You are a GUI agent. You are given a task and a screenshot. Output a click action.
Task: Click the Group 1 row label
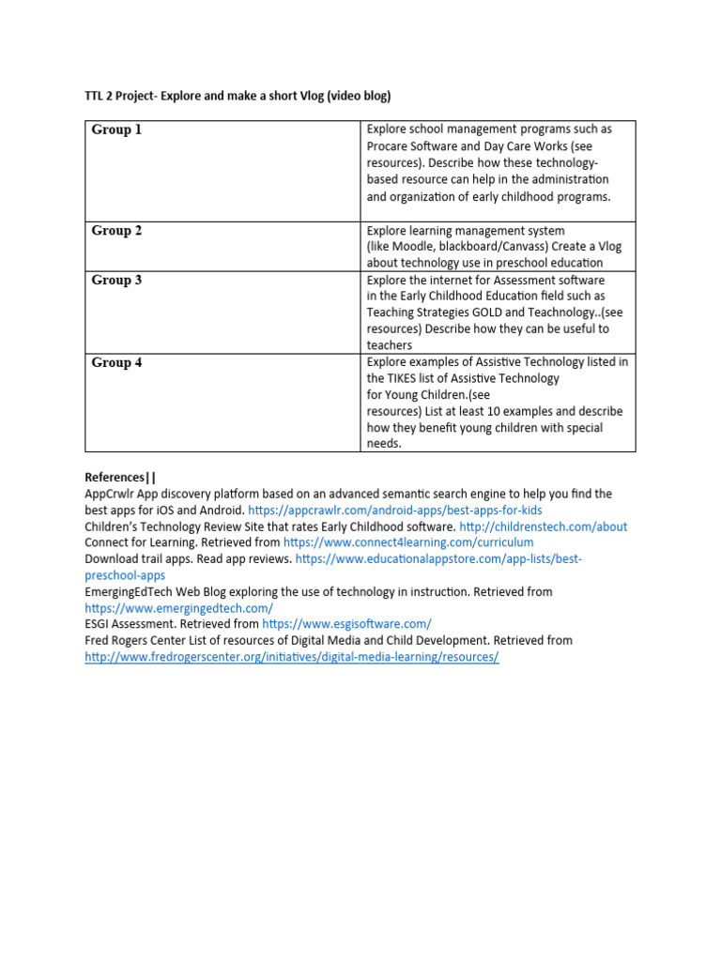(x=116, y=130)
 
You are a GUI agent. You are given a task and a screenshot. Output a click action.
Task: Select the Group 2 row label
(x=116, y=231)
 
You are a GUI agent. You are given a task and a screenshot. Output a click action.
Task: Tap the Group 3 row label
(x=116, y=280)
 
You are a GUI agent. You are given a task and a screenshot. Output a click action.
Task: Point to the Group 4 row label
(x=116, y=362)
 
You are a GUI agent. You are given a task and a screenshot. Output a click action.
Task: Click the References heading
(x=120, y=478)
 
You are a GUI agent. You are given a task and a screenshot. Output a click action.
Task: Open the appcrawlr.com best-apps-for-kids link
(x=395, y=510)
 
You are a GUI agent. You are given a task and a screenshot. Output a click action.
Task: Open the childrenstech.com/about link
(x=544, y=526)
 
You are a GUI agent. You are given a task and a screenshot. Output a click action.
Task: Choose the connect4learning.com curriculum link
(x=408, y=542)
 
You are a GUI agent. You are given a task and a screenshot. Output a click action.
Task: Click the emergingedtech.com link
(x=178, y=608)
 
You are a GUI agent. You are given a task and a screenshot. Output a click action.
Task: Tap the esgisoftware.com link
(x=346, y=624)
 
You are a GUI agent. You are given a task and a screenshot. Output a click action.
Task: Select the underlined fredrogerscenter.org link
(x=291, y=657)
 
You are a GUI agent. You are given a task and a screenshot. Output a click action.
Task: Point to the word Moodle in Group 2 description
(x=412, y=247)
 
